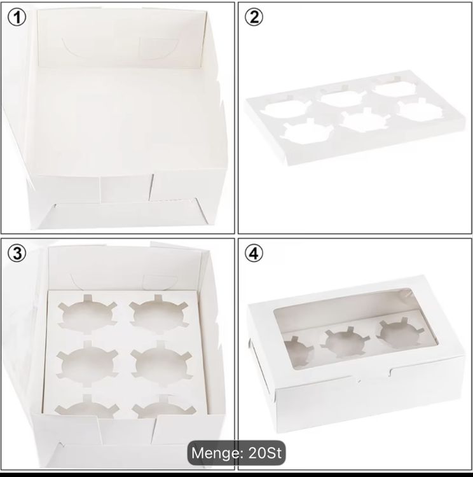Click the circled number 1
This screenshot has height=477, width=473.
tap(17, 17)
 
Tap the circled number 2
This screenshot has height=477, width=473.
tap(254, 17)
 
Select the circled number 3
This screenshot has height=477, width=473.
tap(17, 253)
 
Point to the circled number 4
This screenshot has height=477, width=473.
tap(254, 253)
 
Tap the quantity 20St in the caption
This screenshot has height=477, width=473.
tap(265, 453)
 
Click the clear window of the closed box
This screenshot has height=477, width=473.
tap(356, 329)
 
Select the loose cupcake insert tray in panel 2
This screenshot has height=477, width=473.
tap(355, 118)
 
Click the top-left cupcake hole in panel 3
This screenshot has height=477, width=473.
tap(87, 314)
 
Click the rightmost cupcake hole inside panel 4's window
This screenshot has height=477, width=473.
tap(400, 333)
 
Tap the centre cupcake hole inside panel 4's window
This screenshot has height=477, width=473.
tap(345, 342)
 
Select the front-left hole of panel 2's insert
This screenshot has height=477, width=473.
tap(305, 132)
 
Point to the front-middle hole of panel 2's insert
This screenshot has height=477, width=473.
tap(364, 121)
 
